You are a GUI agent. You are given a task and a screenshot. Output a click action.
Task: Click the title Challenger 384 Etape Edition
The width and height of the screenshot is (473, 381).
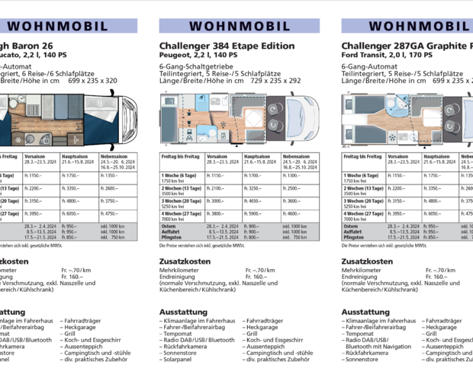pyautogui.click(x=227, y=46)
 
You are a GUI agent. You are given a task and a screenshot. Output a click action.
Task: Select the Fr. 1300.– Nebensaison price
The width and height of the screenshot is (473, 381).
pyautogui.click(x=291, y=175)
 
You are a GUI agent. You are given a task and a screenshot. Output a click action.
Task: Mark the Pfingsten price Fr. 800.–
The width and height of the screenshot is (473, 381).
pyautogui.click(x=253, y=237)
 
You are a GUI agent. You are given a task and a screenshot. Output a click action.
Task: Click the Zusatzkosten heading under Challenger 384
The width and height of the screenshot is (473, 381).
pyautogui.click(x=185, y=261)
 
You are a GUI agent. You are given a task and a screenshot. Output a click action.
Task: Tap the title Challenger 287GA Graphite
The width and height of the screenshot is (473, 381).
pyautogui.click(x=404, y=46)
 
